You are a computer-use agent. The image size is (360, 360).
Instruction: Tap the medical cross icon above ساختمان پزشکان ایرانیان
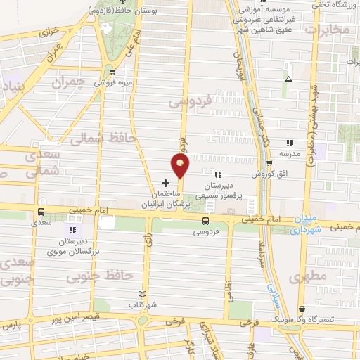point(165,183)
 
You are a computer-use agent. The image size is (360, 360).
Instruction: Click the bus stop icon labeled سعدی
point(41,211)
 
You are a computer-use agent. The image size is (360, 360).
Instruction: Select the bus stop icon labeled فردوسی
point(205,221)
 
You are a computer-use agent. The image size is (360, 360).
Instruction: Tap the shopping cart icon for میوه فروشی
point(112,71)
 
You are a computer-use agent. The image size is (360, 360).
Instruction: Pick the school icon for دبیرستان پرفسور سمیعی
point(218,175)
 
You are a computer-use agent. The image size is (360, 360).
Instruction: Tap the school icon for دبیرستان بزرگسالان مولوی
point(71,229)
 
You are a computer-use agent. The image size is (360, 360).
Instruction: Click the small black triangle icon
point(288,79)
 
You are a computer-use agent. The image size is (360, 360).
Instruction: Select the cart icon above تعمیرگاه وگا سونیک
point(302,309)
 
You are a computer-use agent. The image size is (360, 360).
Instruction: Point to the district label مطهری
point(308,277)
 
